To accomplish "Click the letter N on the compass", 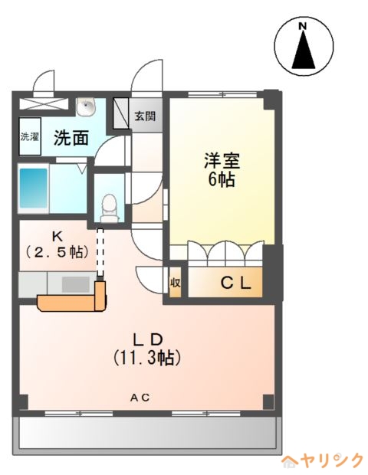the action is pos(302,26).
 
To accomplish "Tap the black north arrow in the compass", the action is pos(304,50).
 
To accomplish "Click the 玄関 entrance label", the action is pos(145,116).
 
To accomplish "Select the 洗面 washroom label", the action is pos(71,138).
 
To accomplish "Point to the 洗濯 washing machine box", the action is pos(30,136).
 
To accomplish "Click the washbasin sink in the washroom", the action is pos(87,106).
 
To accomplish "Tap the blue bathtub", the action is pos(34,188).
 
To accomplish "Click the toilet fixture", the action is pos(109,208).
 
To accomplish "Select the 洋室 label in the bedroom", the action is pos(222,161).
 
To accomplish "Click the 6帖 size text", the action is pos(222,179).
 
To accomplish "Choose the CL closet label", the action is pos(235,283).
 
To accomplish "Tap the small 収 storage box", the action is pos(176,283).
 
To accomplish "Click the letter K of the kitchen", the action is pos(57,236).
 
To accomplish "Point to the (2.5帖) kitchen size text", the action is pos(57,251).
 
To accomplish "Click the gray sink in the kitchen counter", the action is pos(76,285).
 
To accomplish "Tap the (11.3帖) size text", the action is pos(147,358).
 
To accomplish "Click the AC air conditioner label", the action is pos(140,398).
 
